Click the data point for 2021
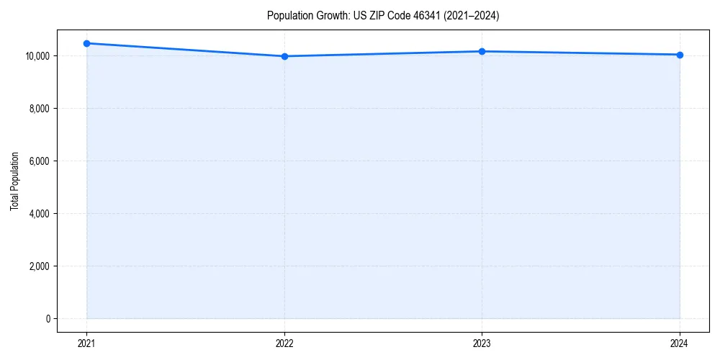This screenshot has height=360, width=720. pyautogui.click(x=86, y=43)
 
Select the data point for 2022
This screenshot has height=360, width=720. pyautogui.click(x=284, y=56)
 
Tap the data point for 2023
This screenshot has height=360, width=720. pyautogui.click(x=482, y=51)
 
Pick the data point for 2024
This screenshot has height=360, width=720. pyautogui.click(x=680, y=55)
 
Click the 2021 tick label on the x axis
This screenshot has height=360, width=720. pyautogui.click(x=86, y=343)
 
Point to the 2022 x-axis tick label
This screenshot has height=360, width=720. pyautogui.click(x=284, y=343)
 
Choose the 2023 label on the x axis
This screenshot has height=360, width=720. pyautogui.click(x=482, y=343)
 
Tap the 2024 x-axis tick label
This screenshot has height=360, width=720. pyautogui.click(x=680, y=343)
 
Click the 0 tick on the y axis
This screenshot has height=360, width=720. pyautogui.click(x=48, y=319)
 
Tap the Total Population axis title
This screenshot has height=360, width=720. pyautogui.click(x=14, y=181)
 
